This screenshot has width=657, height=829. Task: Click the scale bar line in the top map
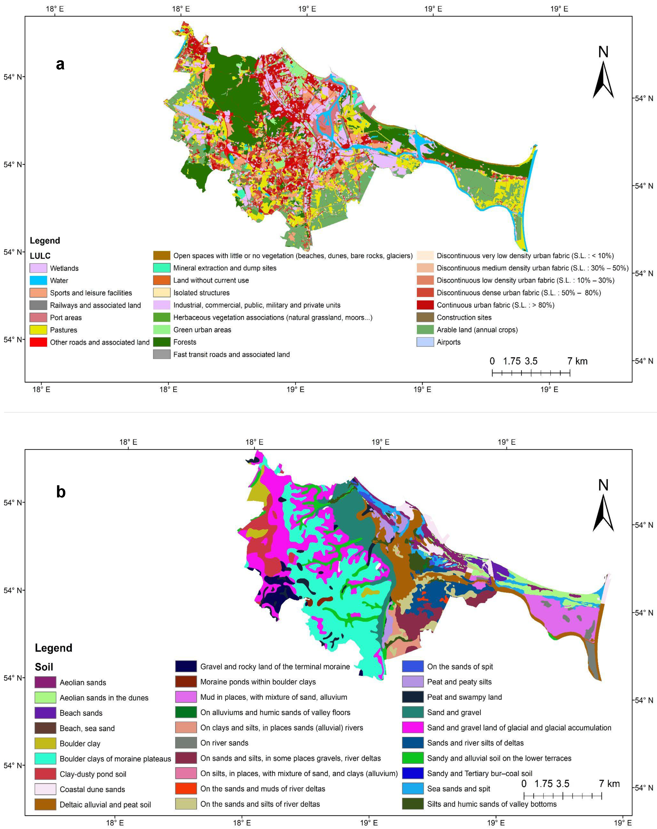tap(531, 372)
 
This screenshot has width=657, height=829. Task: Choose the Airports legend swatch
tap(425, 342)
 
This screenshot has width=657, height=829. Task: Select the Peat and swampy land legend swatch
tap(413, 697)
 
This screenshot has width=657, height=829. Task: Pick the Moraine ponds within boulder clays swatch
tap(186, 682)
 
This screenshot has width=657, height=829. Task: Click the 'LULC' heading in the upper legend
tap(40, 256)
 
